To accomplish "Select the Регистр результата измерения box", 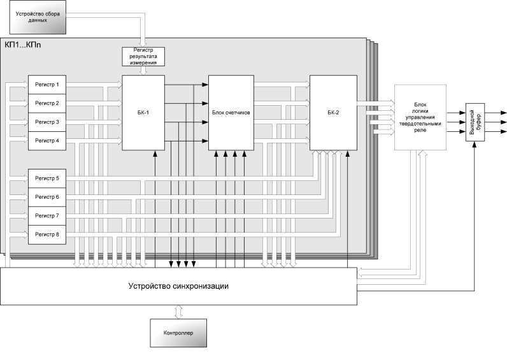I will [x=143, y=57].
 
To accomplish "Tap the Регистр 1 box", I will [x=47, y=85].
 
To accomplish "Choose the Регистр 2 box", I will [x=47, y=103].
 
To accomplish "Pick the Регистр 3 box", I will [x=47, y=122].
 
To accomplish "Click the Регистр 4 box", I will [x=47, y=140].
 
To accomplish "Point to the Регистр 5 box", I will [x=47, y=178].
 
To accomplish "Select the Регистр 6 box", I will [x=47, y=197].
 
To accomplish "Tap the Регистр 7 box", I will [x=47, y=215].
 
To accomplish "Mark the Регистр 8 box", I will [x=47, y=234].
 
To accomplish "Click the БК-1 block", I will [x=143, y=113].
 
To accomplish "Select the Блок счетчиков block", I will [x=230, y=113].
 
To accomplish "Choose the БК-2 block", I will [x=333, y=113].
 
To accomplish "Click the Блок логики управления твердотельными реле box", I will [x=418, y=117].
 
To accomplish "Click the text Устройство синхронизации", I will [x=178, y=286].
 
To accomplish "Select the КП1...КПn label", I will [x=23, y=46].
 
